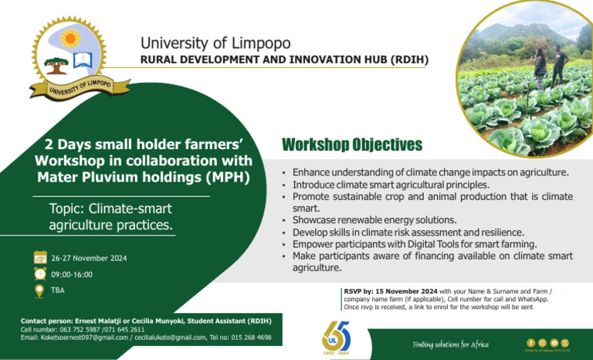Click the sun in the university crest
coord(70,38)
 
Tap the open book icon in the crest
coord(83,59)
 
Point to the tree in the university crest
coord(56,64)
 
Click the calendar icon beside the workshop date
coord(40,257)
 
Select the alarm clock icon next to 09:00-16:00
coord(40,273)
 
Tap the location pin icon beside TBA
coord(40,290)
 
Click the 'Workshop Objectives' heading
coord(352,145)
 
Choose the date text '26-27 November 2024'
coord(89,258)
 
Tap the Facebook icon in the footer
coord(530,342)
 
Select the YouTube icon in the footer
coord(554,342)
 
